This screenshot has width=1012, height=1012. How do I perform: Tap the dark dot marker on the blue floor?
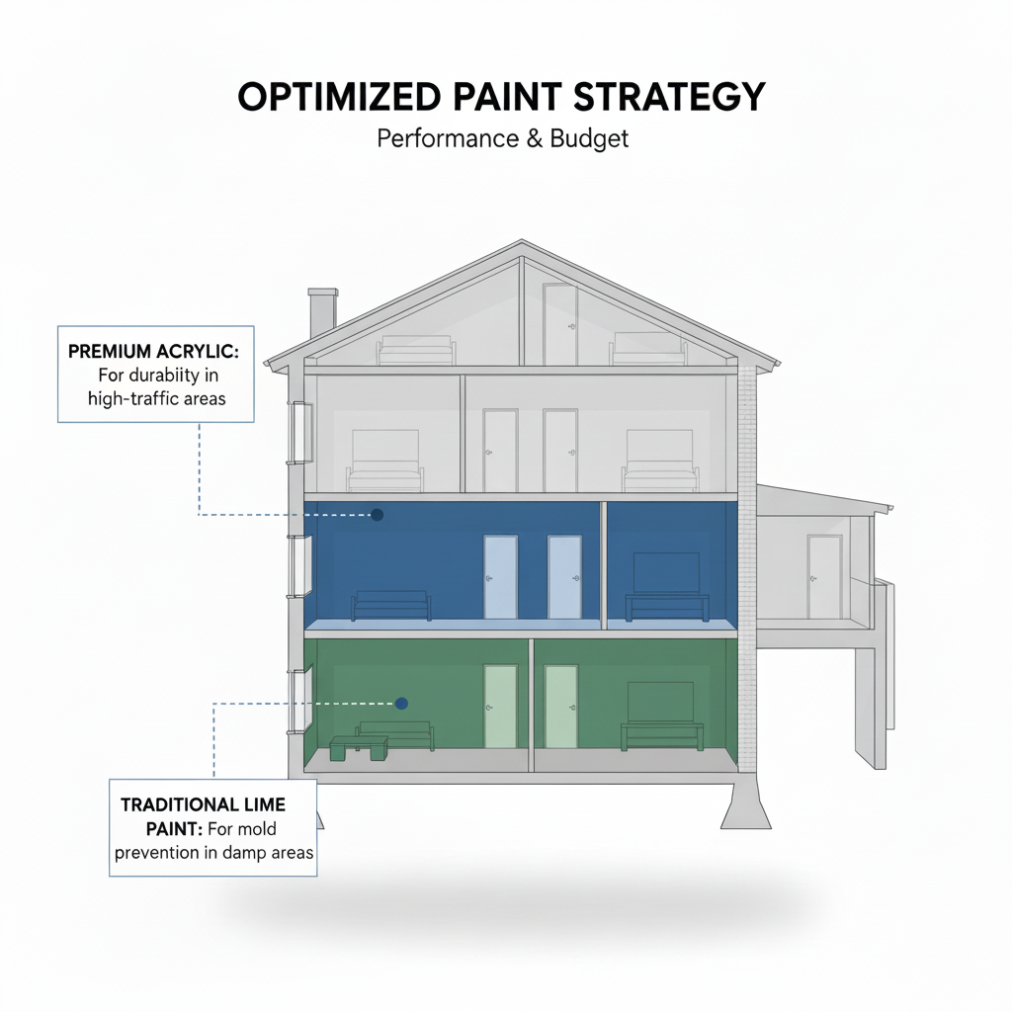376,514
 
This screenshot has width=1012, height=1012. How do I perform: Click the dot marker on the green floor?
401,704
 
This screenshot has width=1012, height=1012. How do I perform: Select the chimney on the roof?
322,313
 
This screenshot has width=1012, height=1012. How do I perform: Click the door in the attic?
559,324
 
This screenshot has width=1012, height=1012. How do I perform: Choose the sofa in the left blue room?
391,605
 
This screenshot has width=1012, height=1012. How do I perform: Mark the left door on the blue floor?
500,577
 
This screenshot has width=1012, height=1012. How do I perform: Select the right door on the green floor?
560,706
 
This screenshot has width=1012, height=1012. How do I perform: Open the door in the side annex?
824,576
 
